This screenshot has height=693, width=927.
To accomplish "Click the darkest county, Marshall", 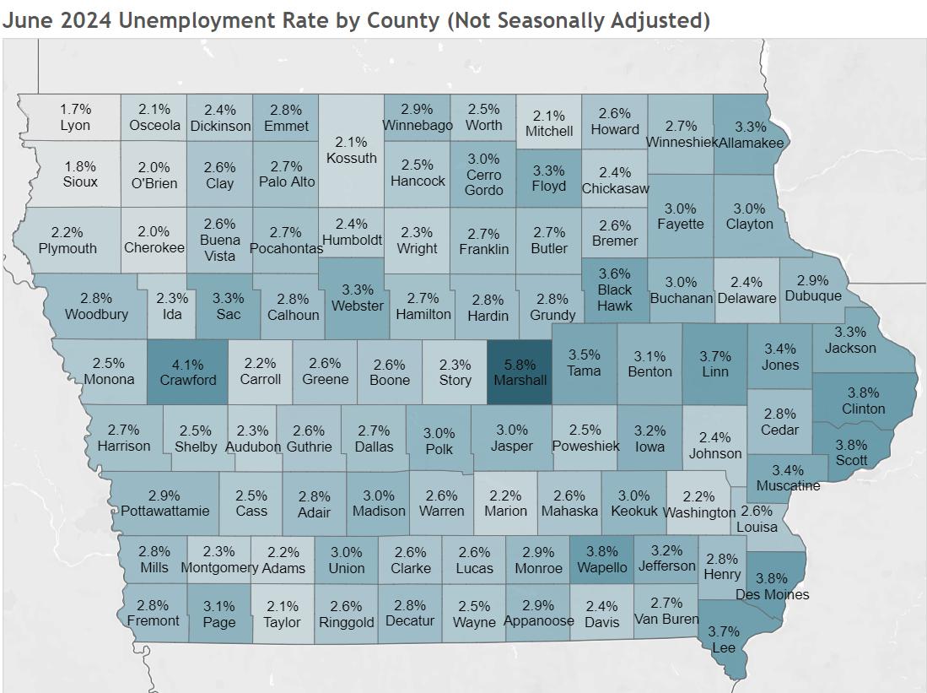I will tap(520, 372).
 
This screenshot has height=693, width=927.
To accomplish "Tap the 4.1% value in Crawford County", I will tap(188, 364).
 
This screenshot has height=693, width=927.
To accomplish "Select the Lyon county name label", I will tap(76, 125).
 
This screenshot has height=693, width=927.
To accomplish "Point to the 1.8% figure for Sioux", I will tap(80, 165).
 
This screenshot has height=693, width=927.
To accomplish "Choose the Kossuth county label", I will tap(352, 158).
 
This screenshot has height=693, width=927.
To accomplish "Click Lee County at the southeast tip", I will tap(723, 647).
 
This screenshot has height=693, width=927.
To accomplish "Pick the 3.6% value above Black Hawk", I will tap(615, 273).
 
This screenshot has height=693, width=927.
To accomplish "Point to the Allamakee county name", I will tap(752, 143).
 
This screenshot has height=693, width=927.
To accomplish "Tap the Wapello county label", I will tap(602, 568).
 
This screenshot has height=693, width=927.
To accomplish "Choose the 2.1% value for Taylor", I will tap(283, 605).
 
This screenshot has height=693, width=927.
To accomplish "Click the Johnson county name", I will tap(715, 453).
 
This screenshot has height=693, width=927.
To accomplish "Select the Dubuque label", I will tap(813, 295).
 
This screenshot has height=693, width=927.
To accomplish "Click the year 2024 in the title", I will tap(84, 20).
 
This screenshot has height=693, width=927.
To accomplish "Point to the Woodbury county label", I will tap(97, 314).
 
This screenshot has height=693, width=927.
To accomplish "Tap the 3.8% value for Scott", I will tap(857, 445).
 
